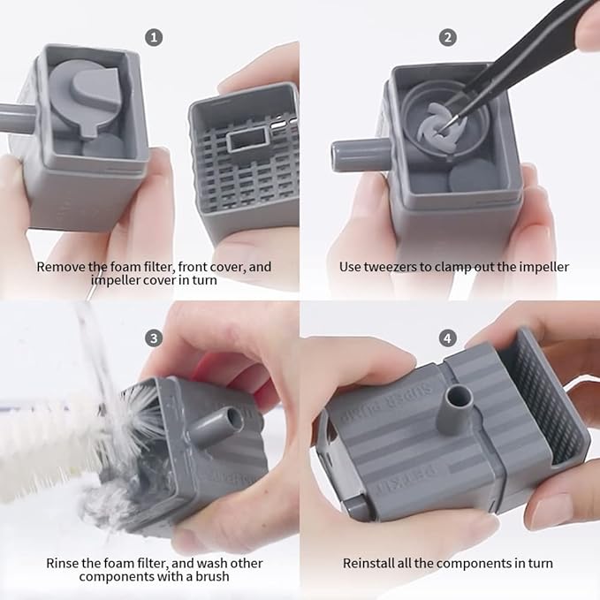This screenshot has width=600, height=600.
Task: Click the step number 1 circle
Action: point(154,37)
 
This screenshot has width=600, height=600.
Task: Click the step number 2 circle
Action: point(448,37)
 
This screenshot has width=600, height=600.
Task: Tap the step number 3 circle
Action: point(154,338)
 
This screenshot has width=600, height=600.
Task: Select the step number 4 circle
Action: point(448,338)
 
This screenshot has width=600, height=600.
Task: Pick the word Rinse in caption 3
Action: point(62,563)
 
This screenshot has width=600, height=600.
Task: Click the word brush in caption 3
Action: point(212,576)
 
